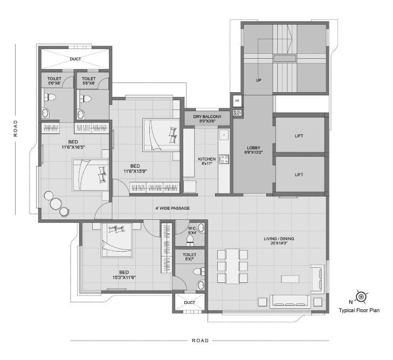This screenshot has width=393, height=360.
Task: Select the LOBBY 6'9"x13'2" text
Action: coord(253,150)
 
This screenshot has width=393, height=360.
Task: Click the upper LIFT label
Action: coord(299,136)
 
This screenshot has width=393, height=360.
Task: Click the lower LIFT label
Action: coord(299,175)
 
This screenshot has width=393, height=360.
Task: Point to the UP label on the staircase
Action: coord(258,80)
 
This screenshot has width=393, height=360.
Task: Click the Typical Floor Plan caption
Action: coord(360,310)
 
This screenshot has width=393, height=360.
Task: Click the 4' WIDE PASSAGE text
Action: coord(173,208)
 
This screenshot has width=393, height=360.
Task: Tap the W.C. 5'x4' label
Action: coord(192,230)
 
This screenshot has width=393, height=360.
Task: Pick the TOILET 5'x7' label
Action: coord(190,257)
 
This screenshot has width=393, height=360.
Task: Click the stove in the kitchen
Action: coord(224,159)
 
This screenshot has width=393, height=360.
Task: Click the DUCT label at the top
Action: coord(74,60)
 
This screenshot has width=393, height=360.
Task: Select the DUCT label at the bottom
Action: coord(189,303)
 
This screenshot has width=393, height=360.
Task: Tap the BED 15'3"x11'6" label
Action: coord(123,274)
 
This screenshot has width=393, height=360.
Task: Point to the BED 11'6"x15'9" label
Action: coord(135,169)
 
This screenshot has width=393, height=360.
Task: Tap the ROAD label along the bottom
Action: coord(200,341)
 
